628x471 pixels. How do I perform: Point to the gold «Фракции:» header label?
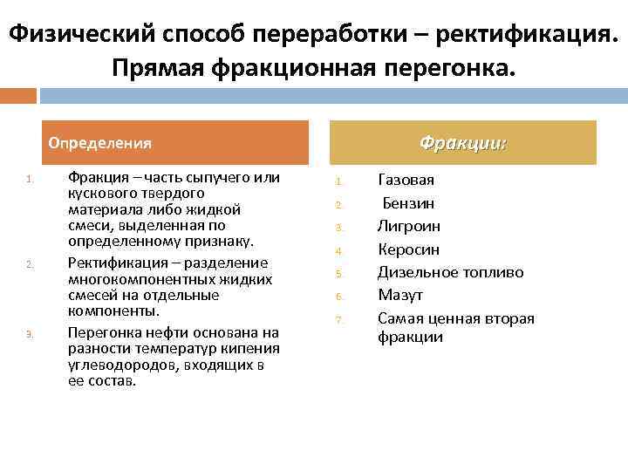coord(462,142)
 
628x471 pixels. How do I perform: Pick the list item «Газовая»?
coord(406,181)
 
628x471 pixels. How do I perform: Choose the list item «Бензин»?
coord(408,203)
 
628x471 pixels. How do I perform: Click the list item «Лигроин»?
coord(408,226)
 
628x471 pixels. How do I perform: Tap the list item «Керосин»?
coord(408,249)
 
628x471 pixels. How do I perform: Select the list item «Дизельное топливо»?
coord(450,272)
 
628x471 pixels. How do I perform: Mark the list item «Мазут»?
coord(399,295)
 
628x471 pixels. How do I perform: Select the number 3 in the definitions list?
coord(30,334)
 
